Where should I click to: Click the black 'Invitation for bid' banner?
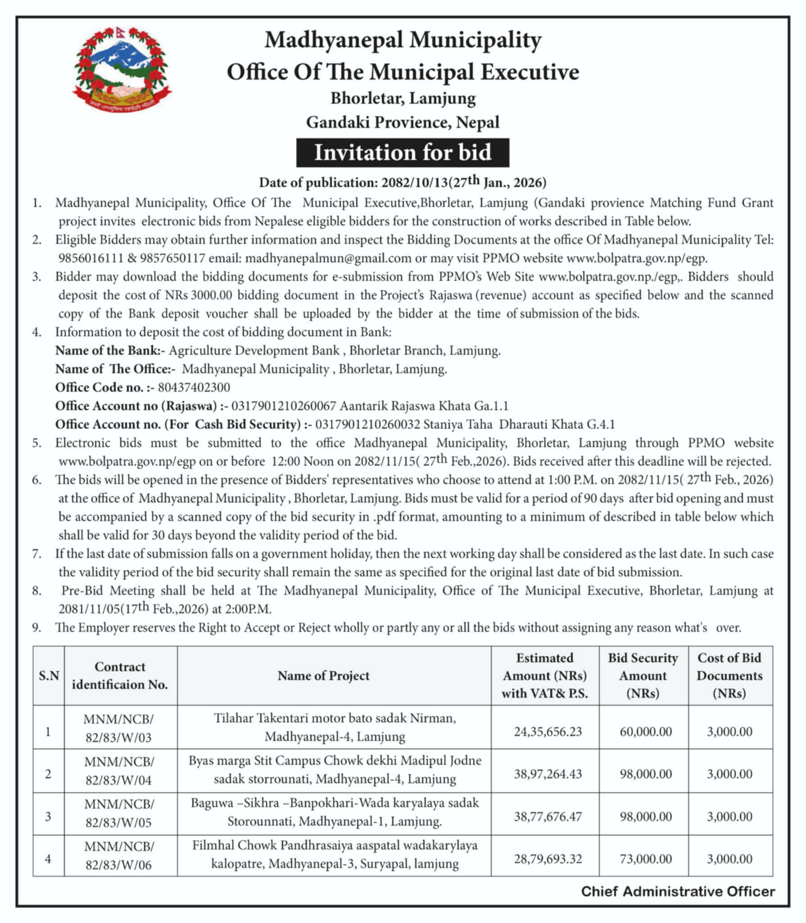click(x=403, y=152)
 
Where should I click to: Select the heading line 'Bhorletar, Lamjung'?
click(x=403, y=98)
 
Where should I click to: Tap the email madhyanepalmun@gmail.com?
click(x=328, y=258)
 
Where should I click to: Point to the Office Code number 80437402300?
click(x=194, y=387)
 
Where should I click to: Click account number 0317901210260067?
click(x=284, y=406)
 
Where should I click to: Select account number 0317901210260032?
click(x=368, y=424)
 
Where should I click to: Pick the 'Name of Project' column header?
click(x=323, y=675)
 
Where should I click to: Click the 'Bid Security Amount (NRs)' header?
click(x=643, y=675)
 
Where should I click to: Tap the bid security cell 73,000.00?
click(x=645, y=859)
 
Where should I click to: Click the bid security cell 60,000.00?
click(x=645, y=731)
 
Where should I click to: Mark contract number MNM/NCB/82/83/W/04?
click(x=119, y=771)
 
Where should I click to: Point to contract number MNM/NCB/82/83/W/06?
click(x=119, y=855)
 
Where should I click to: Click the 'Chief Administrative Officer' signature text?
click(x=678, y=891)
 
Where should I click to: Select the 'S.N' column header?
click(x=49, y=676)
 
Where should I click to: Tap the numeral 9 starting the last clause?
click(x=36, y=627)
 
